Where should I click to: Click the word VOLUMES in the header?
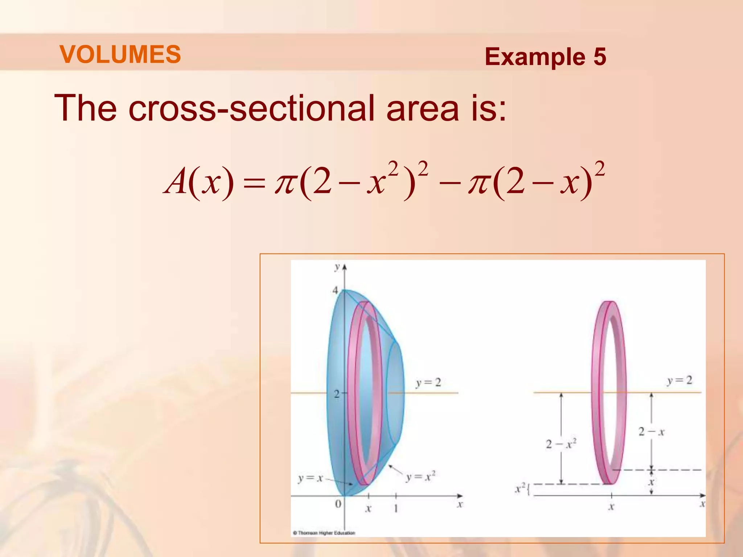(120, 54)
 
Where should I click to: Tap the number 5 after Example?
(599, 57)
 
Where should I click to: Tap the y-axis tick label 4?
(336, 290)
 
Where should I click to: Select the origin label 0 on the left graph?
(338, 504)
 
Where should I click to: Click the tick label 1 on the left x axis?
(396, 508)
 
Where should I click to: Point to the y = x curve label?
(310, 478)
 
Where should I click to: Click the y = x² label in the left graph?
(420, 477)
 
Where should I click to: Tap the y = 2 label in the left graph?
(428, 383)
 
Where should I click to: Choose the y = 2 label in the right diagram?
(680, 380)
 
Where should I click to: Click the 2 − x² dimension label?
(561, 444)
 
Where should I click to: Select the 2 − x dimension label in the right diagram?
(651, 432)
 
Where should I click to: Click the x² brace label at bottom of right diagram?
(521, 489)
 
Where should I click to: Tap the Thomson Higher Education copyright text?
(324, 533)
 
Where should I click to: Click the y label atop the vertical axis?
(337, 267)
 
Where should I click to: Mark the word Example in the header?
(535, 57)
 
